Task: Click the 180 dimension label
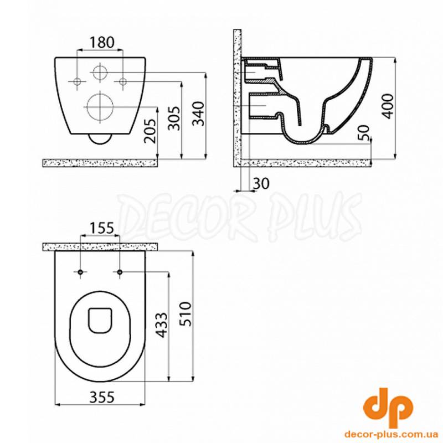(x=102, y=43)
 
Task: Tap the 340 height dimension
(x=198, y=114)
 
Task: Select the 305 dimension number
(x=174, y=118)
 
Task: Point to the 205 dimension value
(x=150, y=131)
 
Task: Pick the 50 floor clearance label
(x=364, y=132)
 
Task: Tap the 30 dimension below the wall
(x=261, y=184)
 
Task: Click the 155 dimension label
(x=102, y=228)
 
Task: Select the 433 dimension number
(x=162, y=325)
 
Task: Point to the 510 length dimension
(x=186, y=314)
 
